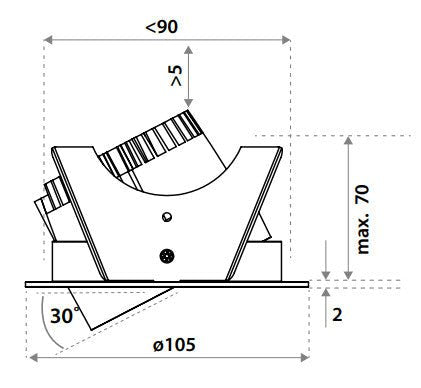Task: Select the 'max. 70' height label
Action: tap(363, 218)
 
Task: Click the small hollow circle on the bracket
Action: tap(166, 216)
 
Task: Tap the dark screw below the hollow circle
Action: tap(166, 255)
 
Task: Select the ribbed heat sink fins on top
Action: tap(160, 145)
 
